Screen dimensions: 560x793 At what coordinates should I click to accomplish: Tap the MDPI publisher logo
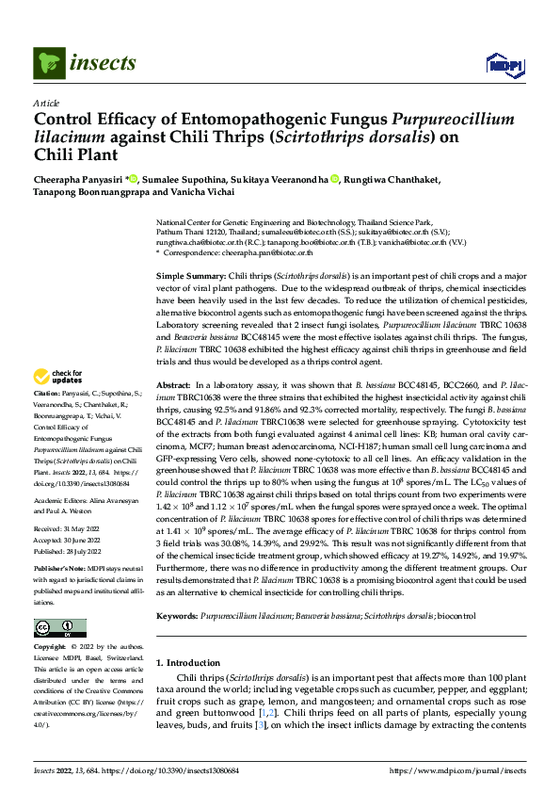(502, 64)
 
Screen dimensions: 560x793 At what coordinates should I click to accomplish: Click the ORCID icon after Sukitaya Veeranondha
(334, 179)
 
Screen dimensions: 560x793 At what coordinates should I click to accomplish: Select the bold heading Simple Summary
(194, 272)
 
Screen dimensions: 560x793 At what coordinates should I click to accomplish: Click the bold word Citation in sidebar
(47, 417)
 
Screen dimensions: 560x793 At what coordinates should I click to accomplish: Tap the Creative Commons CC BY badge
(59, 628)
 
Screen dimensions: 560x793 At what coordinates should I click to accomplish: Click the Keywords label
(177, 614)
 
